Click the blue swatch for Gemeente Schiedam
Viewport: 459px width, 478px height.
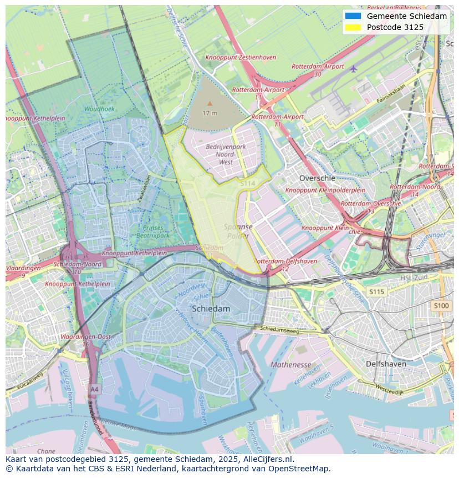pos(353,16)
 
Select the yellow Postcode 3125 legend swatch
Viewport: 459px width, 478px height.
pos(353,27)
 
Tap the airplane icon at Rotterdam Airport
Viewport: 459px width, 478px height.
pos(354,68)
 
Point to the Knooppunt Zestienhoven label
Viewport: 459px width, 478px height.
pos(241,57)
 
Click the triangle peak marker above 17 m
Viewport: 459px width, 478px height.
pos(210,103)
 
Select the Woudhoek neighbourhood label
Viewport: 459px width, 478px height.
pos(100,109)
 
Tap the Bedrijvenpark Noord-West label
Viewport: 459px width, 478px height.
pos(226,154)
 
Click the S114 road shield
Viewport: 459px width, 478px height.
pos(247,183)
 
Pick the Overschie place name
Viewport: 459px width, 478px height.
pos(317,178)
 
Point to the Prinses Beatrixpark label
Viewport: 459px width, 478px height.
pos(153,232)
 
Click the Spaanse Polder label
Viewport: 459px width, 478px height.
pos(238,231)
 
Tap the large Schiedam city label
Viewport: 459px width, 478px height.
pos(211,309)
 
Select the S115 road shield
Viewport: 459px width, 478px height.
pos(376,292)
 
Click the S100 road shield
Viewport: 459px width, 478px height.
pos(441,306)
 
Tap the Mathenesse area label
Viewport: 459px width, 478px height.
pos(290,365)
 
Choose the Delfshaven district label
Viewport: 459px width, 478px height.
pos(386,364)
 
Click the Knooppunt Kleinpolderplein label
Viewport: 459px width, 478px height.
pos(325,190)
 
